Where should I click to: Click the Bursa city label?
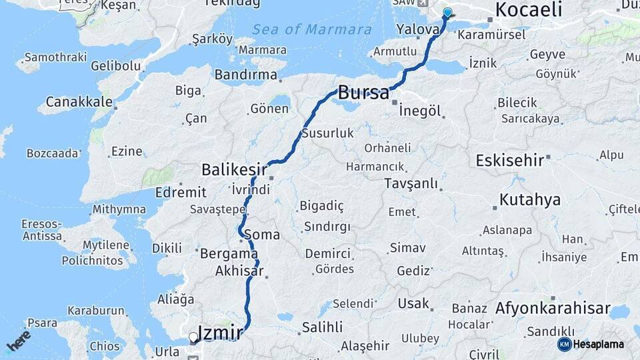(x=363, y=93)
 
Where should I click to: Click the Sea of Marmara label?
(x=312, y=29)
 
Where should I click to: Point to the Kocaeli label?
(x=529, y=10)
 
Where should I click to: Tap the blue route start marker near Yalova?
(x=447, y=12)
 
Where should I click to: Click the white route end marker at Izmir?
(x=193, y=337)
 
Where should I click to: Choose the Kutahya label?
(x=530, y=200)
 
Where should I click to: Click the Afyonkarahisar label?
(x=553, y=309)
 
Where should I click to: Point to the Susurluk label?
(x=327, y=133)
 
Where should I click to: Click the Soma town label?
(x=262, y=235)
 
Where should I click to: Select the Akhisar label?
(x=239, y=271)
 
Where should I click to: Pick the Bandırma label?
(x=246, y=75)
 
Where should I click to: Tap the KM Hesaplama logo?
(x=591, y=344)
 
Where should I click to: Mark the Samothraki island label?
(x=58, y=57)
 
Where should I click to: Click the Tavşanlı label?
(x=411, y=183)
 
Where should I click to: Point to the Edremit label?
(x=181, y=192)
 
